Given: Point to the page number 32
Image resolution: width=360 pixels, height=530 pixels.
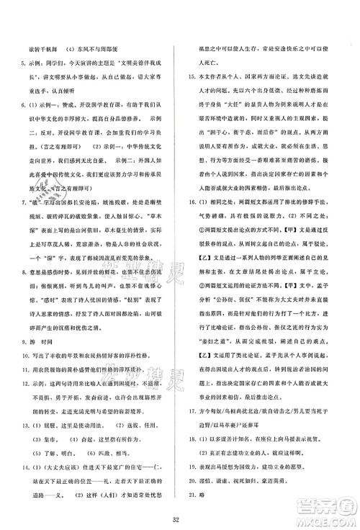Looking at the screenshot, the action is point(179,521).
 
